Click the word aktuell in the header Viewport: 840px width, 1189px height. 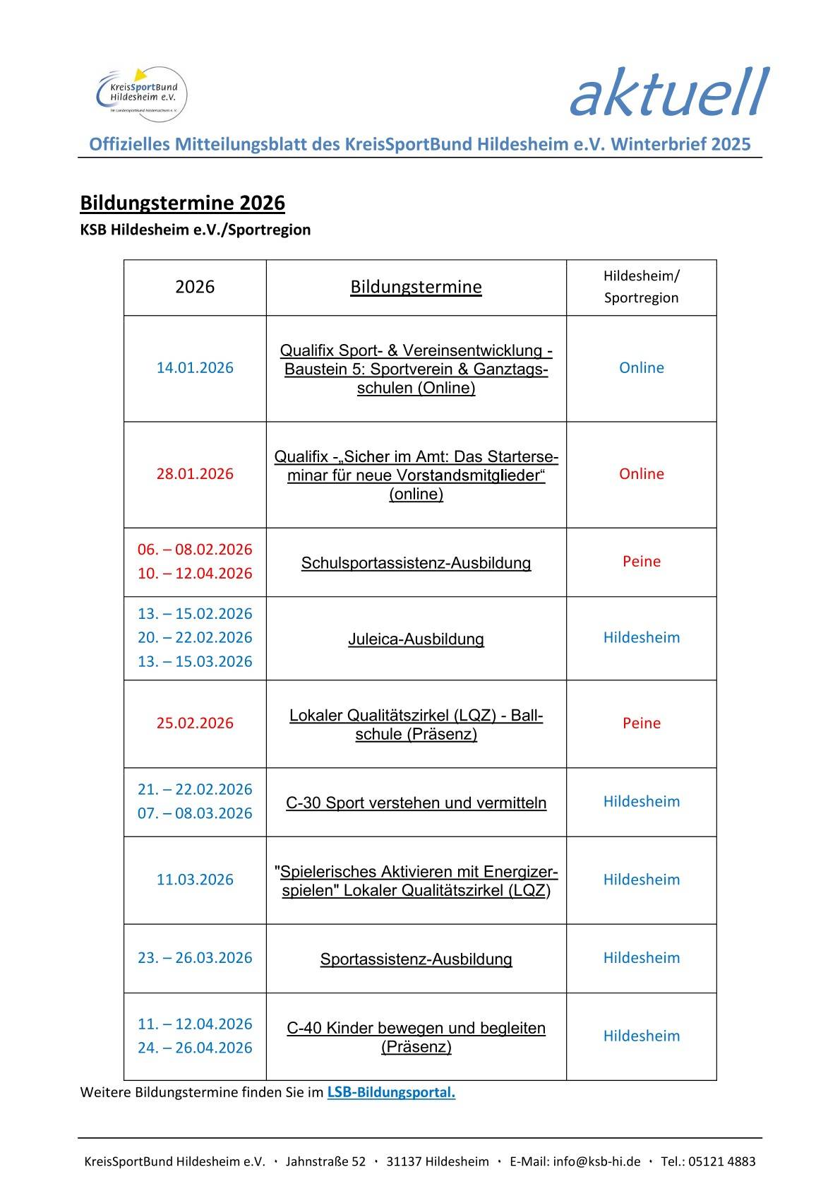pyautogui.click(x=668, y=93)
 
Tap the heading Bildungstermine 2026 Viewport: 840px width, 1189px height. pyautogui.click(x=182, y=203)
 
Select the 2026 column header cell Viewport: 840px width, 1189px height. pyautogui.click(x=195, y=287)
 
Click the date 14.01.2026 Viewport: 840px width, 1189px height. pyautogui.click(x=195, y=367)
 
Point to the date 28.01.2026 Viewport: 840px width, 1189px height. pyautogui.click(x=195, y=473)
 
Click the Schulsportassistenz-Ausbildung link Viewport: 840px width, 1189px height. pyautogui.click(x=416, y=563)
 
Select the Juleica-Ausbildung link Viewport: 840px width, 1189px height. pyautogui.click(x=416, y=639)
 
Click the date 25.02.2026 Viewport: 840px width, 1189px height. pyautogui.click(x=195, y=723)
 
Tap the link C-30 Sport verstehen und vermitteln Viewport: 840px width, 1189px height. pyautogui.click(x=416, y=803)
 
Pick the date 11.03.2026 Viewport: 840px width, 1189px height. pyautogui.click(x=195, y=880)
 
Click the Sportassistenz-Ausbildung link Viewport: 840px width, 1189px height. pyautogui.click(x=416, y=959)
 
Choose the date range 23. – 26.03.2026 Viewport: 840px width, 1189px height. pyautogui.click(x=195, y=957)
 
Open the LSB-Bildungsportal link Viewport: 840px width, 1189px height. pyautogui.click(x=391, y=1092)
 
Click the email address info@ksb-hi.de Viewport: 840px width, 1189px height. pyautogui.click(x=596, y=1161)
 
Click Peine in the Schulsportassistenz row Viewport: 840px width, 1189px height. pyautogui.click(x=641, y=562)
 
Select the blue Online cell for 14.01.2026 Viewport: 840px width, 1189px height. pyautogui.click(x=641, y=367)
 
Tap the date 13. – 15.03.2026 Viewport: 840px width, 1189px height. pyautogui.click(x=195, y=661)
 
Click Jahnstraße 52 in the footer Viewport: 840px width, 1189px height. pyautogui.click(x=325, y=1161)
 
